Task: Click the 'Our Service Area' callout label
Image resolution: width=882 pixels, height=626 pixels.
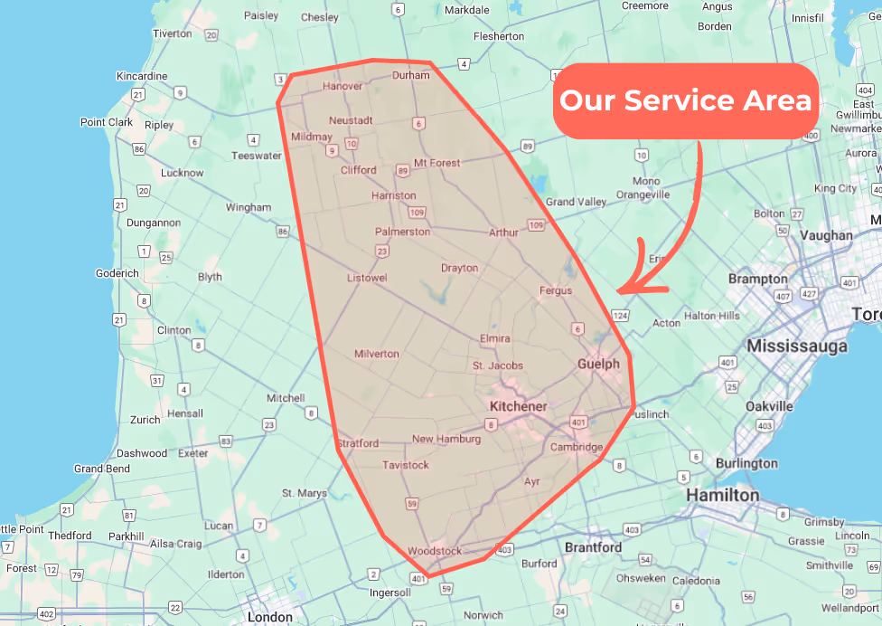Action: pyautogui.click(x=686, y=100)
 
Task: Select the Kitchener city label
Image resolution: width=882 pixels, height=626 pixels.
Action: pyautogui.click(x=518, y=406)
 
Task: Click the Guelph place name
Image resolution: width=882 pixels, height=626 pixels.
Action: pyautogui.click(x=598, y=364)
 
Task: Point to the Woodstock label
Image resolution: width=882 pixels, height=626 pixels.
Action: pyautogui.click(x=435, y=551)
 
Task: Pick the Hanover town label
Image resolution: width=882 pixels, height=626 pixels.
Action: pyautogui.click(x=342, y=87)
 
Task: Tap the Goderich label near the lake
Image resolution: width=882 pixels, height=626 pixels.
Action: pyautogui.click(x=117, y=273)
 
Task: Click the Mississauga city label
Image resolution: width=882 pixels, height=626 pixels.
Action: pyautogui.click(x=797, y=346)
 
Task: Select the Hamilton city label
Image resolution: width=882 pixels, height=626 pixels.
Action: pyautogui.click(x=722, y=495)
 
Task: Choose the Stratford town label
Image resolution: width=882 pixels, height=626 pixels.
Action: pyautogui.click(x=358, y=443)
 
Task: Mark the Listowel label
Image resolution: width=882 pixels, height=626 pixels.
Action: pyautogui.click(x=367, y=278)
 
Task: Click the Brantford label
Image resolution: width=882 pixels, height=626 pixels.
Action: pyautogui.click(x=593, y=547)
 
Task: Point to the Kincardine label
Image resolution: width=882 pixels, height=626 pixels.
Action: pyautogui.click(x=142, y=76)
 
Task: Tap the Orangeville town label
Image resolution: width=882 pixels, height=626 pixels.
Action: pyautogui.click(x=643, y=194)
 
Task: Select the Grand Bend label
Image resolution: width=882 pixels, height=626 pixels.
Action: pyautogui.click(x=102, y=469)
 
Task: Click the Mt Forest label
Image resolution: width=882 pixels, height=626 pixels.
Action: pyautogui.click(x=436, y=163)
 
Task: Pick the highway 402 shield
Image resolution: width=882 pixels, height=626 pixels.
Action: pyautogui.click(x=47, y=615)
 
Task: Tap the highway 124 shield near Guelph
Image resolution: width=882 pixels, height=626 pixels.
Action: pyautogui.click(x=620, y=316)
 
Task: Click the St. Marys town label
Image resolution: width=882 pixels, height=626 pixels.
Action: pyautogui.click(x=304, y=493)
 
